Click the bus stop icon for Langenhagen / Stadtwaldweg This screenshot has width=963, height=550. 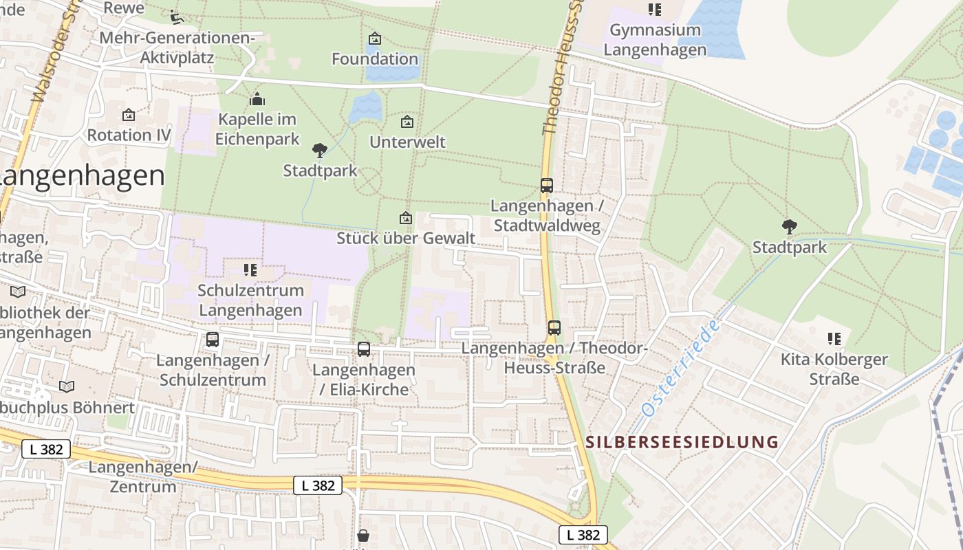point(547,186)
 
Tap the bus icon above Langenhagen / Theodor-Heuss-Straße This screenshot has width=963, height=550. point(554,328)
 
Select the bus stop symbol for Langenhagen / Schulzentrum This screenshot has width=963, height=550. point(213,340)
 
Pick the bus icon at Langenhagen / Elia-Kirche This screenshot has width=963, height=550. point(364,349)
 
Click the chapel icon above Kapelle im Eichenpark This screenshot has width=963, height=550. point(257,100)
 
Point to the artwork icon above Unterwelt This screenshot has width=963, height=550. point(407,122)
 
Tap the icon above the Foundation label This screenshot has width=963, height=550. point(375,38)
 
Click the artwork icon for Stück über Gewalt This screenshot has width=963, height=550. point(406,218)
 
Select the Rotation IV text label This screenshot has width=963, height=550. point(129,135)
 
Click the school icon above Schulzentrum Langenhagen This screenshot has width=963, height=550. point(250,270)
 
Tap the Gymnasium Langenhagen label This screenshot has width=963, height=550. point(655,40)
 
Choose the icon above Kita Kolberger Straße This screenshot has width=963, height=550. point(834,338)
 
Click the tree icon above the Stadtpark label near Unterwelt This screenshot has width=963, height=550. point(320,150)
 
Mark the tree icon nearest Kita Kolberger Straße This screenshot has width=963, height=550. point(790,226)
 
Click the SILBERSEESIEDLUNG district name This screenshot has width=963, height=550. point(682,442)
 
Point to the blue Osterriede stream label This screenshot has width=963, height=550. point(681,367)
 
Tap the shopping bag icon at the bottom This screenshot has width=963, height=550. point(363,536)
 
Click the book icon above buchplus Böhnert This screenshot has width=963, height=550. point(67,387)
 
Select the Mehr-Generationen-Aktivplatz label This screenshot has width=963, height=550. point(177,47)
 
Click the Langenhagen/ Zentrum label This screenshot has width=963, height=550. point(142,477)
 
